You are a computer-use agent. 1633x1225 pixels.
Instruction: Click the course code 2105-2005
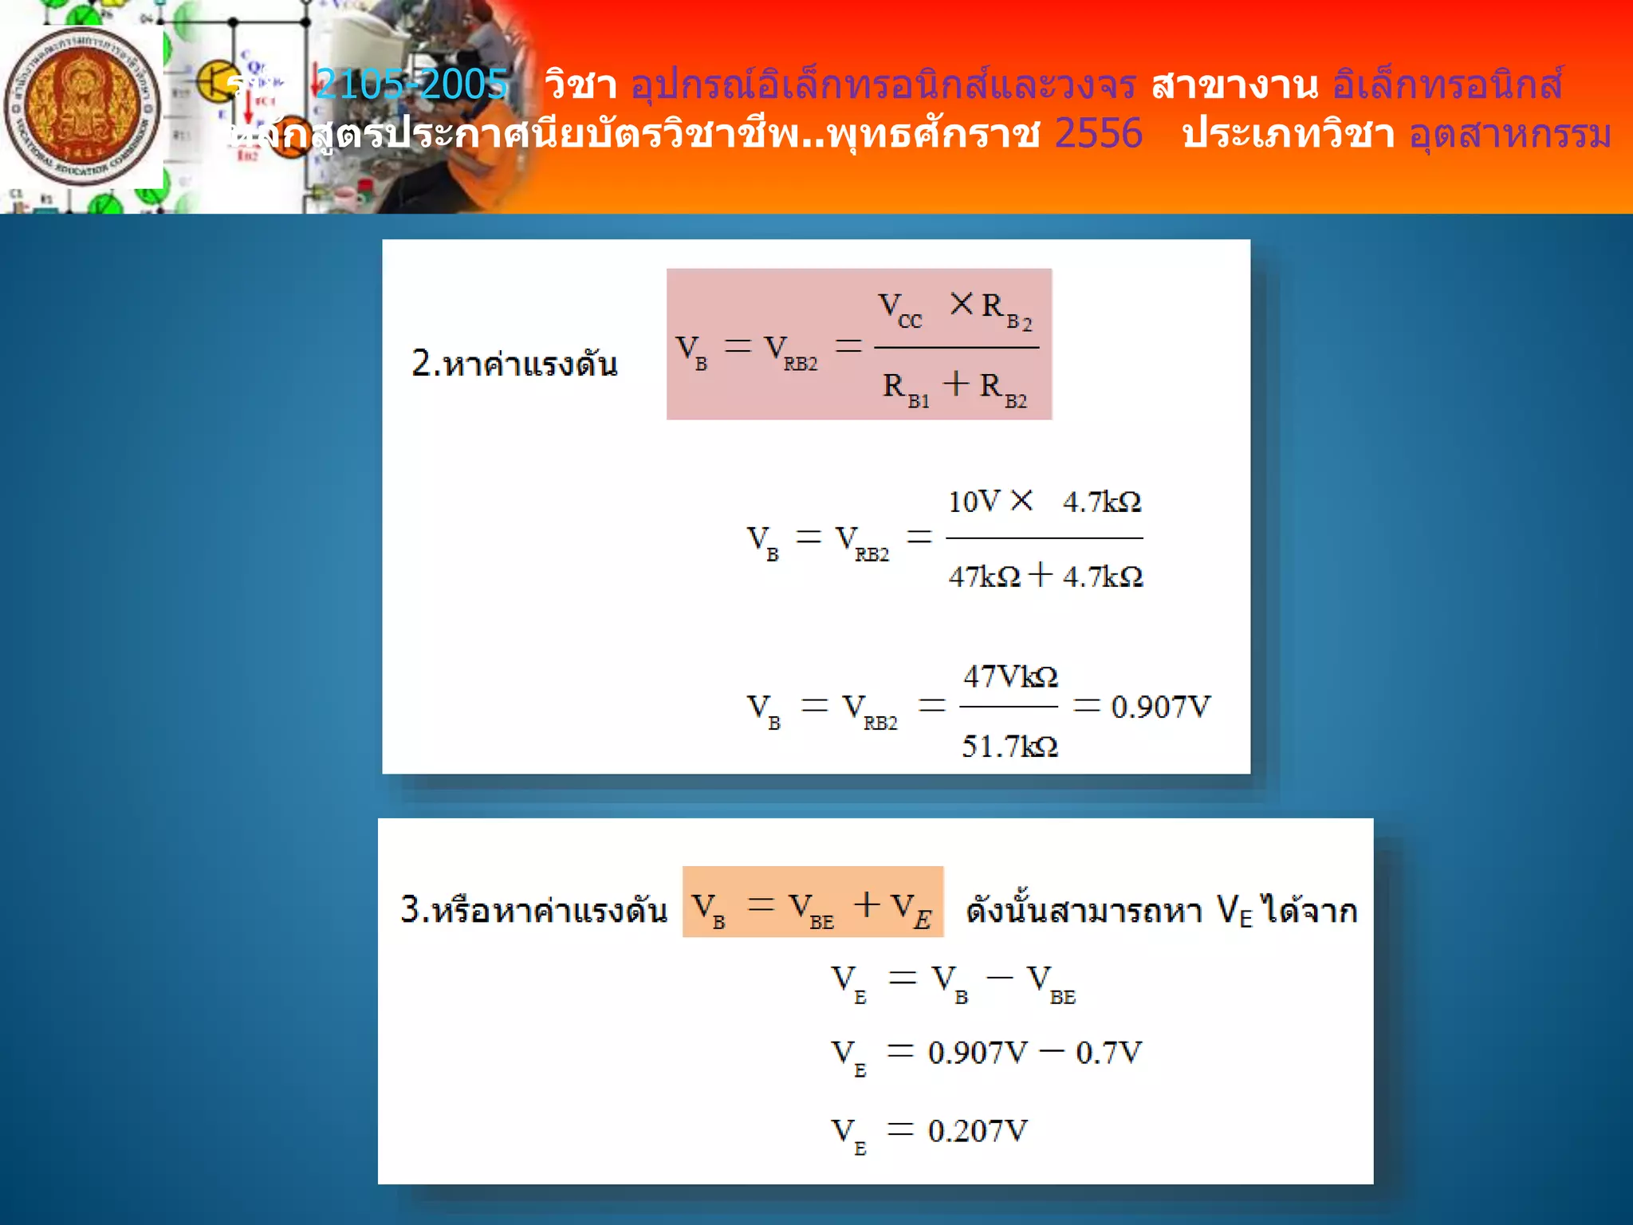coord(411,85)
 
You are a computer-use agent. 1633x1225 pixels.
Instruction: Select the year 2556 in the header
coord(1098,133)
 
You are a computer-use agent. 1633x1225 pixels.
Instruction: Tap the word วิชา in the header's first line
coord(580,85)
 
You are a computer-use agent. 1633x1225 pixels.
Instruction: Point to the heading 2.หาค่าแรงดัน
coord(514,364)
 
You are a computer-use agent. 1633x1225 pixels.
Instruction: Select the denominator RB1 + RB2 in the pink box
coord(955,388)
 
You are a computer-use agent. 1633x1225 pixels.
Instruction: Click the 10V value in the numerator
coord(973,502)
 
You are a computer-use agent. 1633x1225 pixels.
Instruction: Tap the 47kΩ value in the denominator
coord(984,576)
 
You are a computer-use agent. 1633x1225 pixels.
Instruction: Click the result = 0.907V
coord(1143,707)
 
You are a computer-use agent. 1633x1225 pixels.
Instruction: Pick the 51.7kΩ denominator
coord(1009,746)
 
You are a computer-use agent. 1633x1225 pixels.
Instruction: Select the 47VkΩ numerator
coord(1009,677)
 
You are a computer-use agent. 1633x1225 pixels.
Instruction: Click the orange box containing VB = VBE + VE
coord(813,902)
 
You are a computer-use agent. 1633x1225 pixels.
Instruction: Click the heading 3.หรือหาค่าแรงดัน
coord(533,909)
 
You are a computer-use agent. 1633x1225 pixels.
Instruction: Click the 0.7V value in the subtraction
coord(1108,1053)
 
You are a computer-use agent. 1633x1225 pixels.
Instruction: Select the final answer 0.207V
coord(978,1131)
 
